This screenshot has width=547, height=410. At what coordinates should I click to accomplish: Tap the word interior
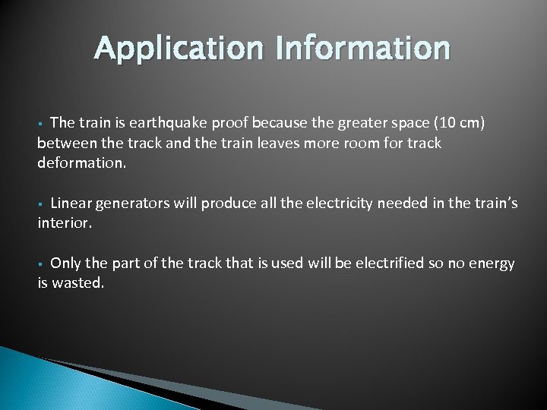[65, 222]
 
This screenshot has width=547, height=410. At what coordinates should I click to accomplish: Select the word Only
[66, 263]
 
